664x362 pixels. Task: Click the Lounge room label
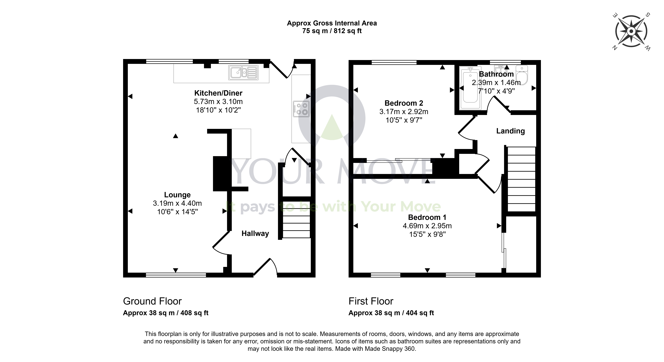[x=177, y=195]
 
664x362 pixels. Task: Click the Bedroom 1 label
[x=427, y=217]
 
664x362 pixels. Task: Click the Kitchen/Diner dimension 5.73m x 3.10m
[x=218, y=102]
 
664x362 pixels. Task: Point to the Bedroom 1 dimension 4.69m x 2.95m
[x=427, y=226]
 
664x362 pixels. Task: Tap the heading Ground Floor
[x=152, y=301]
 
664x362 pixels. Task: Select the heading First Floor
[x=371, y=301]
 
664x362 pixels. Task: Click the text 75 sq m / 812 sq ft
[x=332, y=31]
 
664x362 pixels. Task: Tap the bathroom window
[x=505, y=62]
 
